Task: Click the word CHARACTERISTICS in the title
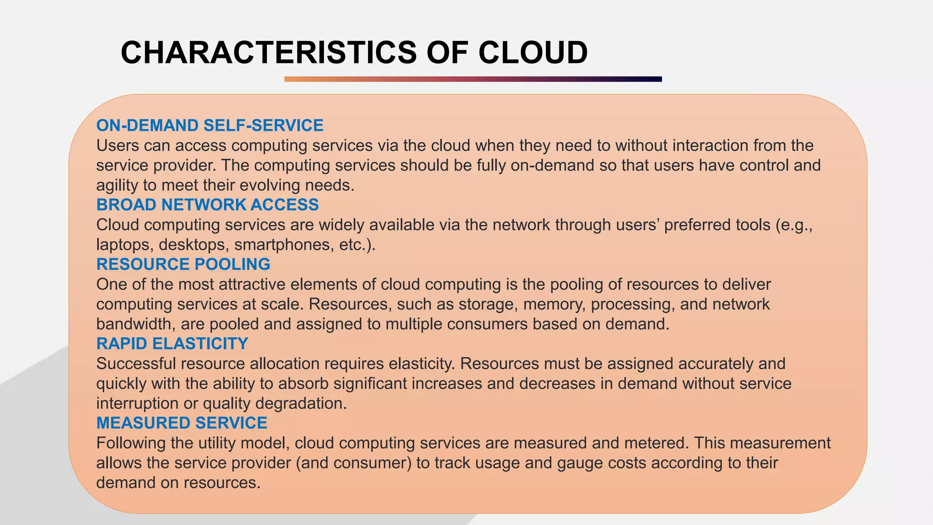(x=269, y=52)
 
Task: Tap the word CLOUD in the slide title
(x=533, y=52)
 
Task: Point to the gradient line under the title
(x=472, y=79)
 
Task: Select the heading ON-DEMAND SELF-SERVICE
(x=210, y=125)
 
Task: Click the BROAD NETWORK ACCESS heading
(x=207, y=205)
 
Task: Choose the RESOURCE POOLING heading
(x=183, y=264)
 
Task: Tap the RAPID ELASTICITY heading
(x=172, y=344)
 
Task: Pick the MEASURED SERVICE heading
(x=181, y=423)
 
